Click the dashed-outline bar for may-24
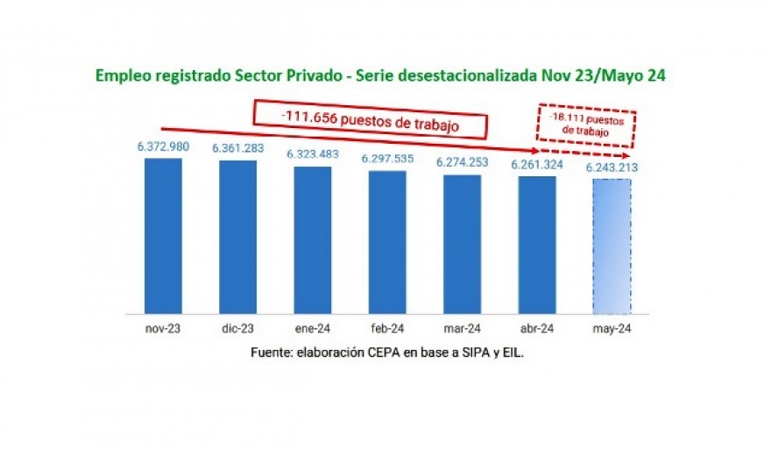pos(612,246)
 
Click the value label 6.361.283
pos(238,149)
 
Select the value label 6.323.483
pos(313,154)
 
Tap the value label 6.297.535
pos(387,160)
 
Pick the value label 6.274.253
pos(462,163)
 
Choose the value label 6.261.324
pos(537,165)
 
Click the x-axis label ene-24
pos(313,330)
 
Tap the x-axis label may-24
pos(612,330)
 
